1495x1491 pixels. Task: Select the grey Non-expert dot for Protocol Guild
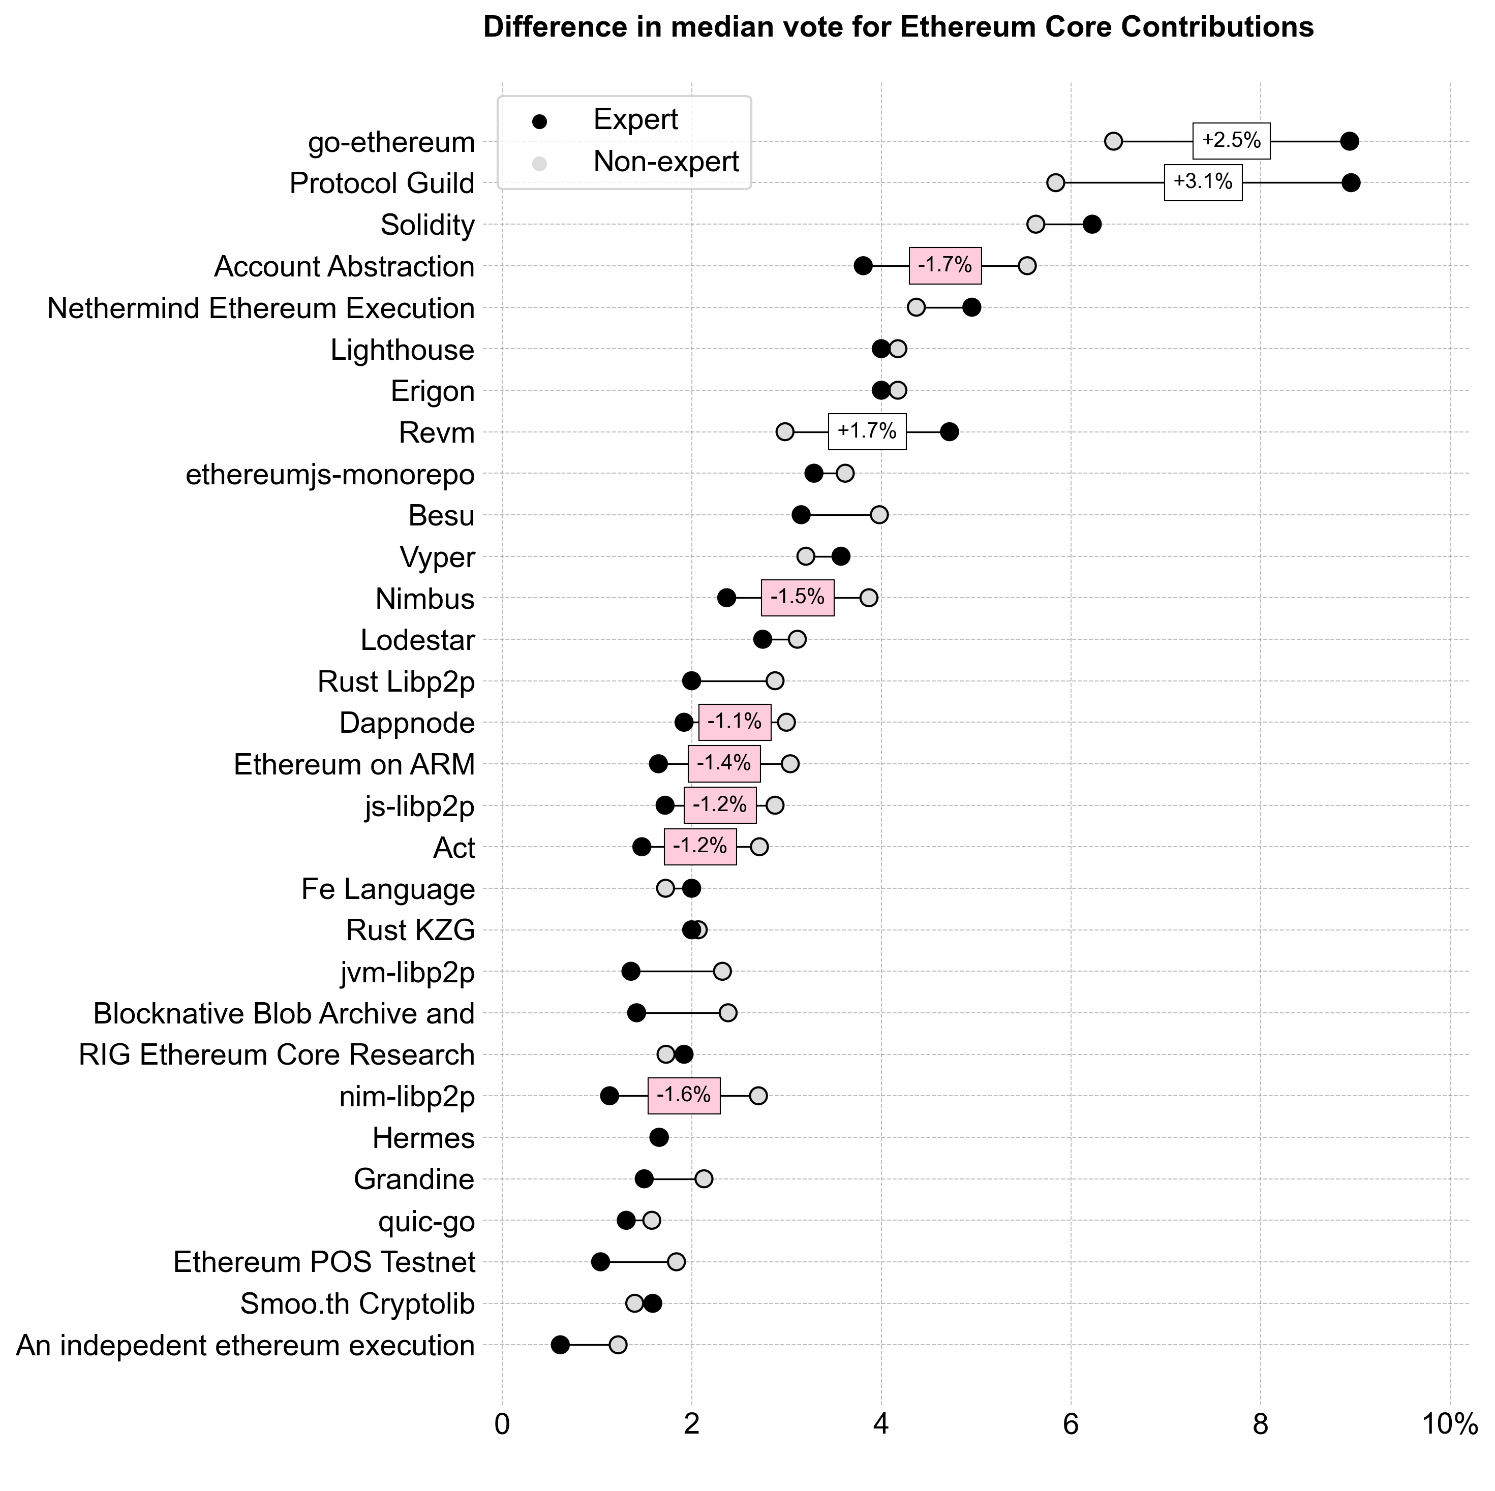(1055, 182)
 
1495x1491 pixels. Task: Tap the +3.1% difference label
(1203, 182)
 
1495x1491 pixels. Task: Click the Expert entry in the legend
(634, 120)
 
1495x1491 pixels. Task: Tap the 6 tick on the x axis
(1071, 1424)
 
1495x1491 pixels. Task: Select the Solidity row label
(427, 225)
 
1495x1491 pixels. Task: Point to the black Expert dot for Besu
(801, 515)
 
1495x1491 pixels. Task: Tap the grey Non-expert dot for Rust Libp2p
(775, 681)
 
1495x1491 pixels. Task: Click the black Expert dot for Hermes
(658, 1137)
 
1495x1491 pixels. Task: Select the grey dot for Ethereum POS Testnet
(676, 1262)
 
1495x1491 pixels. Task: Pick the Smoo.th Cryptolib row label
(357, 1304)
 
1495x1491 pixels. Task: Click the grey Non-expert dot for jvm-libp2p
(722, 972)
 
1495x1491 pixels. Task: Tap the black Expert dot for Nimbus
(726, 598)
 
